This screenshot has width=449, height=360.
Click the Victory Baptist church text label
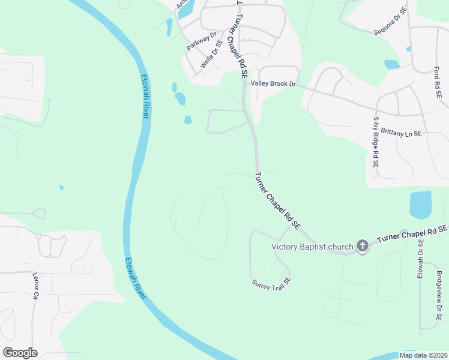(312, 246)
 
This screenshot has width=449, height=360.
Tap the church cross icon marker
(362, 245)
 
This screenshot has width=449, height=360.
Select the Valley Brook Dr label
(274, 84)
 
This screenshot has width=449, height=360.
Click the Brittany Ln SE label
(401, 133)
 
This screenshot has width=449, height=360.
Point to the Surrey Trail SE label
(271, 281)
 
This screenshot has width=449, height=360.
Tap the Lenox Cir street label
(35, 286)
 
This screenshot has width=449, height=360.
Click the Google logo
(20, 353)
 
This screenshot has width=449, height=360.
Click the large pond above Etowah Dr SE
(421, 205)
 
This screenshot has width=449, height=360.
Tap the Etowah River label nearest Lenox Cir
(136, 278)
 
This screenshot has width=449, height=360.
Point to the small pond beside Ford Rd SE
(391, 64)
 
